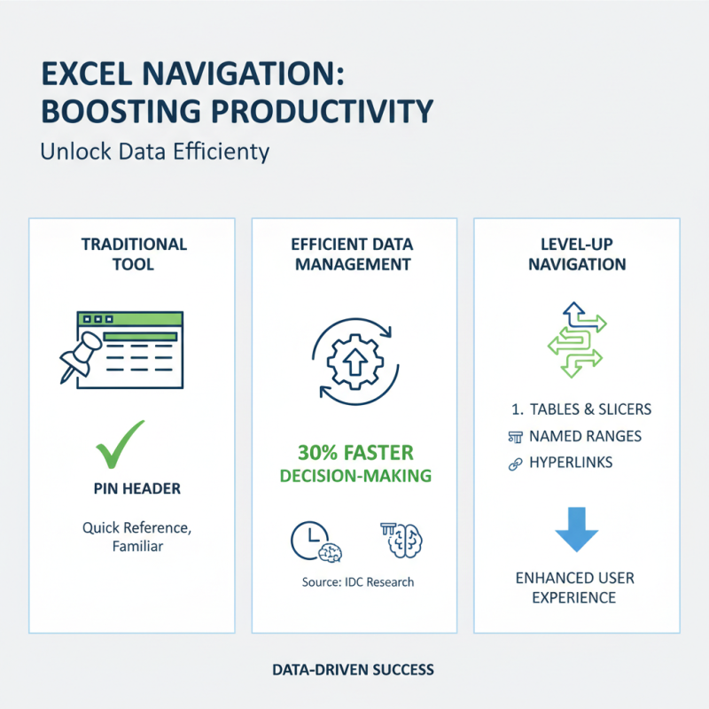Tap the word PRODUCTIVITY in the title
pos(311,112)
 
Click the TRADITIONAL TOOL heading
pos(133,253)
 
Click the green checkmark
pos(120,444)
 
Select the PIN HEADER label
pos(133,488)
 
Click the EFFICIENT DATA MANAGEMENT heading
pos(354,253)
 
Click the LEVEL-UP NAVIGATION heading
pos(575,253)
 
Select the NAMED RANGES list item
pos(585,436)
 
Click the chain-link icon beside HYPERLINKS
pos(513,464)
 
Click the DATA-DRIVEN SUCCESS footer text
pos(354,669)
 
